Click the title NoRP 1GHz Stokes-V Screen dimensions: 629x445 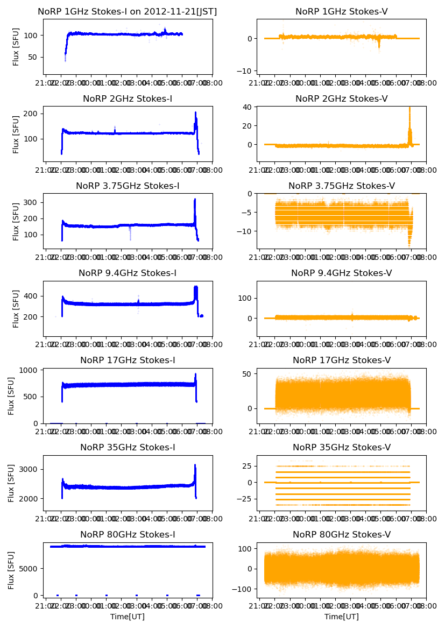pos(342,11)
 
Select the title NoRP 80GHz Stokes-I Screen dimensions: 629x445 pos(128,534)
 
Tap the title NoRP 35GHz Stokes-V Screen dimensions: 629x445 pos(342,447)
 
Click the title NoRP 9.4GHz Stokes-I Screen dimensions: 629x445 pos(128,273)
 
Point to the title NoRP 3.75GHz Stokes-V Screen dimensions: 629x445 pos(342,186)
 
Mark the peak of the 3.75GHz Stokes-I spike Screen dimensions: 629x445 pos(195,200)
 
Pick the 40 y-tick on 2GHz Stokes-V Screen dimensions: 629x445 pos(247,107)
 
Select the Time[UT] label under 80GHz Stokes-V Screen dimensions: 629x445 pos(342,617)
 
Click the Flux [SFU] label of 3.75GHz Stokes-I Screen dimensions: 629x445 pos(16,221)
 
